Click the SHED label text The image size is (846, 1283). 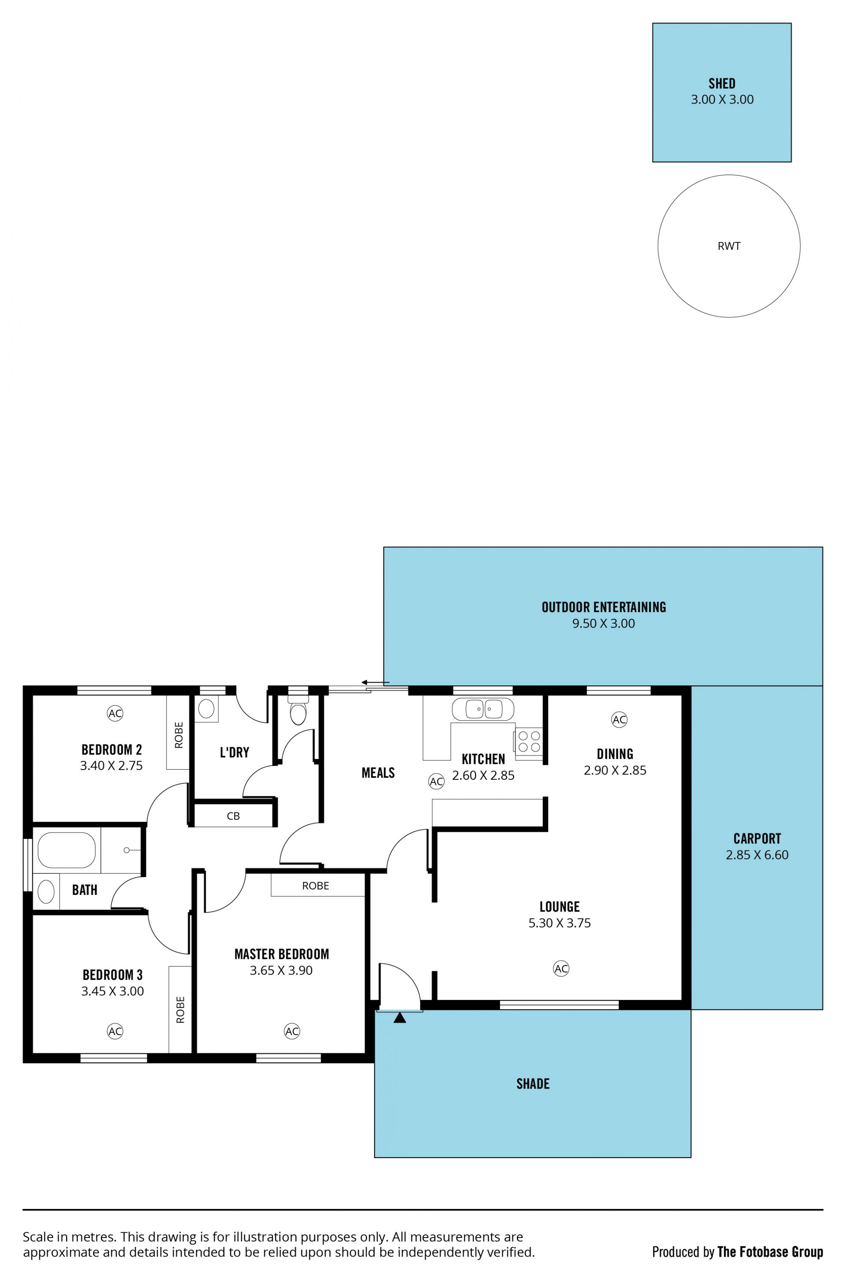click(722, 84)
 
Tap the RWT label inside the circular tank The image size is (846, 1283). click(729, 246)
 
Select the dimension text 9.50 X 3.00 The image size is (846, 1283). click(604, 623)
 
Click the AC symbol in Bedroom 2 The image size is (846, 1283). click(115, 713)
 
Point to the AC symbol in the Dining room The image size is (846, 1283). click(620, 719)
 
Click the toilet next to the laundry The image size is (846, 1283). click(298, 710)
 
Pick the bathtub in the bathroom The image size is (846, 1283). click(67, 850)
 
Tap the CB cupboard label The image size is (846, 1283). click(233, 816)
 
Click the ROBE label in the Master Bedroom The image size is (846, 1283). click(315, 886)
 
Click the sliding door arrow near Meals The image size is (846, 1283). click(375, 683)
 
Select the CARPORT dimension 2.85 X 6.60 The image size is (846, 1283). click(757, 855)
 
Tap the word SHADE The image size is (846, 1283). click(533, 1084)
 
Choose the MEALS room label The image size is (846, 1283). click(378, 773)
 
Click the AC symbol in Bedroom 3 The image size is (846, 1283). click(115, 1031)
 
